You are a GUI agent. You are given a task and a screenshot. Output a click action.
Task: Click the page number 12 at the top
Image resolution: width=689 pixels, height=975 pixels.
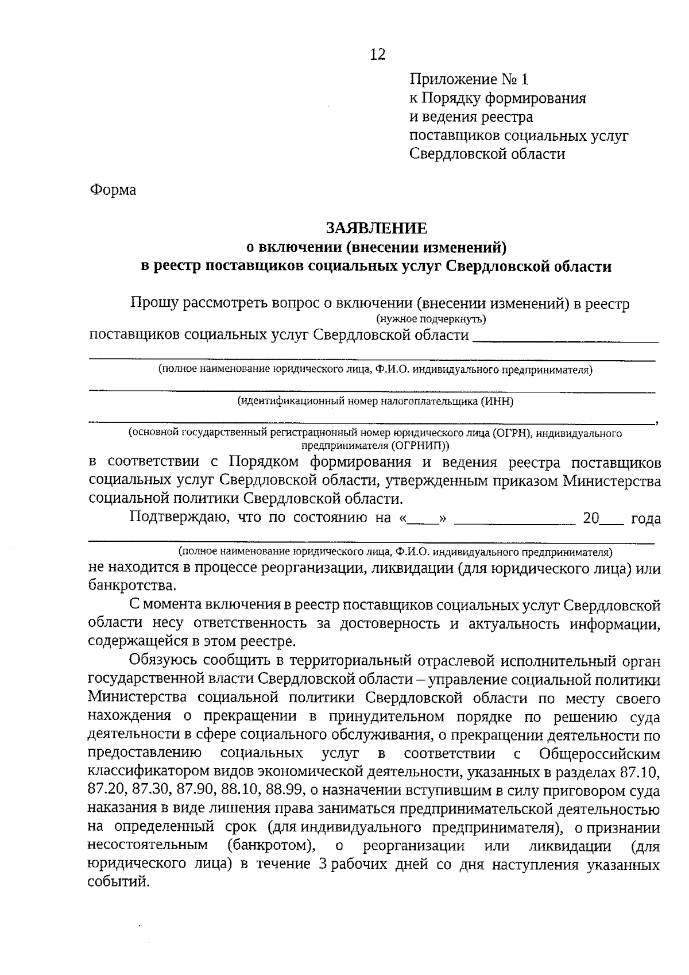[377, 55]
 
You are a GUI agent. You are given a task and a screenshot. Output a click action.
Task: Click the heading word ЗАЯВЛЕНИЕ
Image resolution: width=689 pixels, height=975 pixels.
[377, 228]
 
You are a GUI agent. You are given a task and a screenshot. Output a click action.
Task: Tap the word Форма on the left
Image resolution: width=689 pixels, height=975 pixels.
[113, 190]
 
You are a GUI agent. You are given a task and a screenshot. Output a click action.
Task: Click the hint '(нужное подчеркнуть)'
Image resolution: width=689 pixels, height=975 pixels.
[431, 319]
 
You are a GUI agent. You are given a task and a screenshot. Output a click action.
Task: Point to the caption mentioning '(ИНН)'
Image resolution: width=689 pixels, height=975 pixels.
[376, 402]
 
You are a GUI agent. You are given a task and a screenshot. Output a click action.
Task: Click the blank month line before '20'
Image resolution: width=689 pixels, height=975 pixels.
[514, 519]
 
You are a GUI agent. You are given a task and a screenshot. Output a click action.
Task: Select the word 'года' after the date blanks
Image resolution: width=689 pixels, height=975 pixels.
[645, 519]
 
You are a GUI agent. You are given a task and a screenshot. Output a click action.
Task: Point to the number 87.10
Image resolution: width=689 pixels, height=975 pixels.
[641, 771]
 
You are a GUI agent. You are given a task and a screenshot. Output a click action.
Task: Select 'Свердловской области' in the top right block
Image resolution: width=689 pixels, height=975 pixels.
[487, 154]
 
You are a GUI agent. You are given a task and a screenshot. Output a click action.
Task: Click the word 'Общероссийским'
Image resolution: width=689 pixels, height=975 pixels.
[599, 753]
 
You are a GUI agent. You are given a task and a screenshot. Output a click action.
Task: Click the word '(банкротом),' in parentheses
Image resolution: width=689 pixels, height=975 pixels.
[270, 846]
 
